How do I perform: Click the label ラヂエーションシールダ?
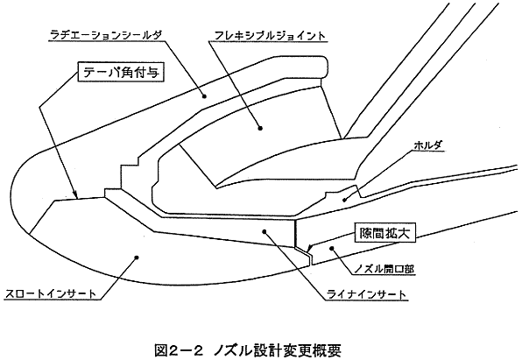pyautogui.click(x=107, y=35)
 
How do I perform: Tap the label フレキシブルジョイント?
pyautogui.click(x=269, y=35)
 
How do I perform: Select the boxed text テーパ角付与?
pyautogui.click(x=121, y=72)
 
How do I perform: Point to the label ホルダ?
pyautogui.click(x=428, y=145)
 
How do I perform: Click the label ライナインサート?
pyautogui.click(x=366, y=294)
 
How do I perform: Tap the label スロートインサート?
pyautogui.click(x=51, y=293)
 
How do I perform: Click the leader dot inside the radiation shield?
pyautogui.click(x=204, y=96)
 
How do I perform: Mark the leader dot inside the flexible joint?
pyautogui.click(x=260, y=128)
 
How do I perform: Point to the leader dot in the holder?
pyautogui.click(x=345, y=200)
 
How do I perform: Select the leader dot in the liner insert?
pyautogui.click(x=265, y=230)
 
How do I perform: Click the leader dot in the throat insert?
pyautogui.click(x=136, y=257)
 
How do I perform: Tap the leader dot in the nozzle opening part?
pyautogui.click(x=331, y=248)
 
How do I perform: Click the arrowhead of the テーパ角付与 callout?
pyautogui.click(x=76, y=195)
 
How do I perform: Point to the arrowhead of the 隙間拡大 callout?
pyautogui.click(x=310, y=248)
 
